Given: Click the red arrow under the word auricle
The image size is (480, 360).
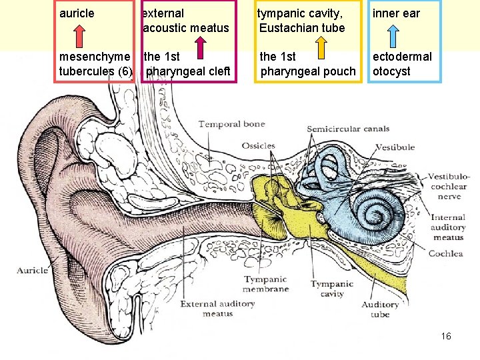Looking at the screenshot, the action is [x=79, y=37].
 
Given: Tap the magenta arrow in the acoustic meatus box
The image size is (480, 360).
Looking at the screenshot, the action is [x=201, y=47].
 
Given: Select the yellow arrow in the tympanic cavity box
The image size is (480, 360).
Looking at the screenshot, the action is [x=321, y=47].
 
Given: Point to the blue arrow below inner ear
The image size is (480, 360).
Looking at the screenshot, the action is [x=393, y=37].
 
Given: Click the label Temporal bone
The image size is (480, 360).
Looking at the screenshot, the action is [x=232, y=124].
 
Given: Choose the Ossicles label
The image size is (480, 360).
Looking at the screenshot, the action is [x=259, y=146].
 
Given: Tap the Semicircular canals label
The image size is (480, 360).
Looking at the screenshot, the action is [x=349, y=129].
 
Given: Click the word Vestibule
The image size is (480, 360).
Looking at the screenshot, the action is [x=395, y=147].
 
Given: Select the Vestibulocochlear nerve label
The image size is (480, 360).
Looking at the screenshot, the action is [x=448, y=186].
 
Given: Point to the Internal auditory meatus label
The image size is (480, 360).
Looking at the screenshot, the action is [x=448, y=227].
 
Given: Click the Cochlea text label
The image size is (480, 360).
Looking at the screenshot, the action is [x=445, y=253].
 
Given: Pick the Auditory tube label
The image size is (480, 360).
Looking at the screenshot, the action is [x=380, y=309].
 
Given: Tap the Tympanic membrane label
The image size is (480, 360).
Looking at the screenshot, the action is [x=266, y=284].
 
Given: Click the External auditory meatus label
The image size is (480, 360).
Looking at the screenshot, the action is [x=217, y=309].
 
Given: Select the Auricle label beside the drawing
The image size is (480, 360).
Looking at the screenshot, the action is [x=33, y=270].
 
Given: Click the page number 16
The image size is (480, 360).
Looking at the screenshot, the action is [x=446, y=336].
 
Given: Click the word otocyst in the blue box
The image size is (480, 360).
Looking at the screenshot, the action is [x=391, y=71].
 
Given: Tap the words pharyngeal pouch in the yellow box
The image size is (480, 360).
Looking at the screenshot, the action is [x=308, y=71].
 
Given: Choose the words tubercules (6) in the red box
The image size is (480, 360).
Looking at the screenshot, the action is [x=95, y=71].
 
